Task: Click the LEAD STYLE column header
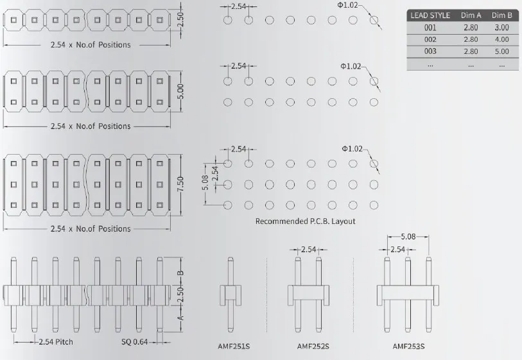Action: (x=431, y=15)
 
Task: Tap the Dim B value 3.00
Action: (x=501, y=28)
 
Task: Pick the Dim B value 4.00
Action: (x=501, y=39)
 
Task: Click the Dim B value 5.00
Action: (x=501, y=51)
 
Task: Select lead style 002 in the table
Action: (x=430, y=39)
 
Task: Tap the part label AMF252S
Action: (x=313, y=347)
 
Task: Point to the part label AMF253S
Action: (x=408, y=347)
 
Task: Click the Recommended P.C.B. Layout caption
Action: (x=305, y=221)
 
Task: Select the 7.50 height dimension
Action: (x=180, y=184)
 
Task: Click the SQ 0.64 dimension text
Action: (x=135, y=341)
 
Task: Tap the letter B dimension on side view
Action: (x=180, y=272)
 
